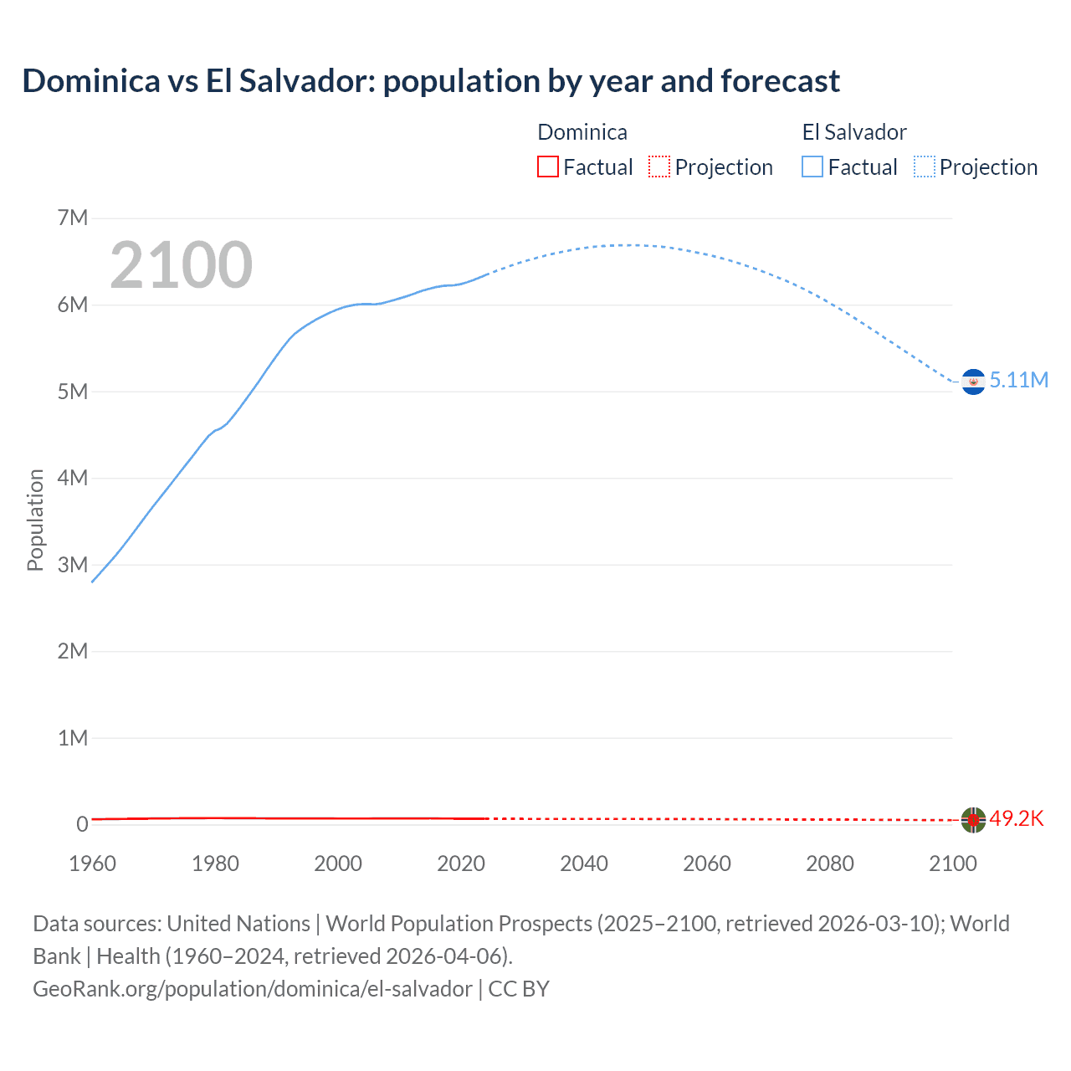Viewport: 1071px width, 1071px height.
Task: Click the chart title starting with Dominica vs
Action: click(x=431, y=81)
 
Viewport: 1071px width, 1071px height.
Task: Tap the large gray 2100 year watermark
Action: click(x=181, y=265)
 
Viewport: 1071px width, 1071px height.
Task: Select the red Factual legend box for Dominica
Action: click(x=547, y=167)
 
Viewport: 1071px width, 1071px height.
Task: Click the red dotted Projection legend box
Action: click(x=659, y=167)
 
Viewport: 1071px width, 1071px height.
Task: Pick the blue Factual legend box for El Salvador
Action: click(x=812, y=167)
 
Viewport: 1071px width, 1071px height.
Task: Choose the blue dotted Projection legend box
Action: click(x=925, y=167)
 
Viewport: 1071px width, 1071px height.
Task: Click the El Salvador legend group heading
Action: click(x=854, y=132)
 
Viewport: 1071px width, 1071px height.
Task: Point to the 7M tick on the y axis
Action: click(x=73, y=218)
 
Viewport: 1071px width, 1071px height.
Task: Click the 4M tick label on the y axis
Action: click(x=73, y=478)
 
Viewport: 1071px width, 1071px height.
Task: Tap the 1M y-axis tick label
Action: click(x=73, y=738)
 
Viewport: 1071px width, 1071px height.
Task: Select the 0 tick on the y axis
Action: click(x=82, y=824)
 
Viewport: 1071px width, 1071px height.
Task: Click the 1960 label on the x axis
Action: click(x=92, y=863)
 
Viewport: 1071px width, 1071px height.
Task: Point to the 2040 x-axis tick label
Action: click(x=584, y=863)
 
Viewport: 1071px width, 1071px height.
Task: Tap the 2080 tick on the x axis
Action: click(x=830, y=863)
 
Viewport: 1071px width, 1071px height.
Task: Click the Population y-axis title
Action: click(x=35, y=520)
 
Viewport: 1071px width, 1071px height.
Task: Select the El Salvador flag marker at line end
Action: click(x=973, y=382)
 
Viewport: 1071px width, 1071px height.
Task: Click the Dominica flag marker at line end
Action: click(x=973, y=820)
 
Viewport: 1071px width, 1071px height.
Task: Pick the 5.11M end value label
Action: click(x=1019, y=380)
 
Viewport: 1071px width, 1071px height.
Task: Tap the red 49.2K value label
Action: click(x=1017, y=818)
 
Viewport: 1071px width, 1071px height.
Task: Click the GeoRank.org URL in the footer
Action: click(x=252, y=989)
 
